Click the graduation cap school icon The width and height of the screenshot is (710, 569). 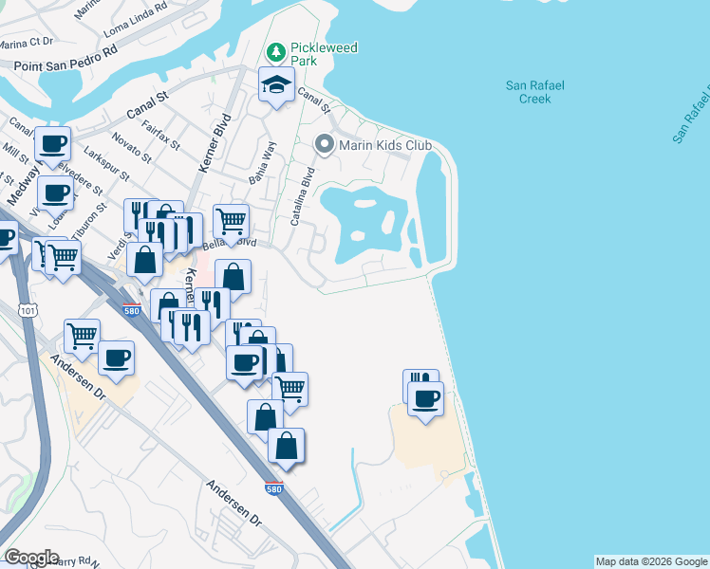pos(275,85)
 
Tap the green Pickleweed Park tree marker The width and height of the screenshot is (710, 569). pos(275,51)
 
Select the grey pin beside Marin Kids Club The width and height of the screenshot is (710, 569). pos(324,145)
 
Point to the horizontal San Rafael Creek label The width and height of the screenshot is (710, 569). pos(534,92)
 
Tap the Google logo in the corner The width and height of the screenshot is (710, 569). pos(31,558)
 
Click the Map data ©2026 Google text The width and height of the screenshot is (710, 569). pos(651,561)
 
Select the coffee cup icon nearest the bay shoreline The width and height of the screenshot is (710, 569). pos(426,397)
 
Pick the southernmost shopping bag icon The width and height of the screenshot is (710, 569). pos(286,446)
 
